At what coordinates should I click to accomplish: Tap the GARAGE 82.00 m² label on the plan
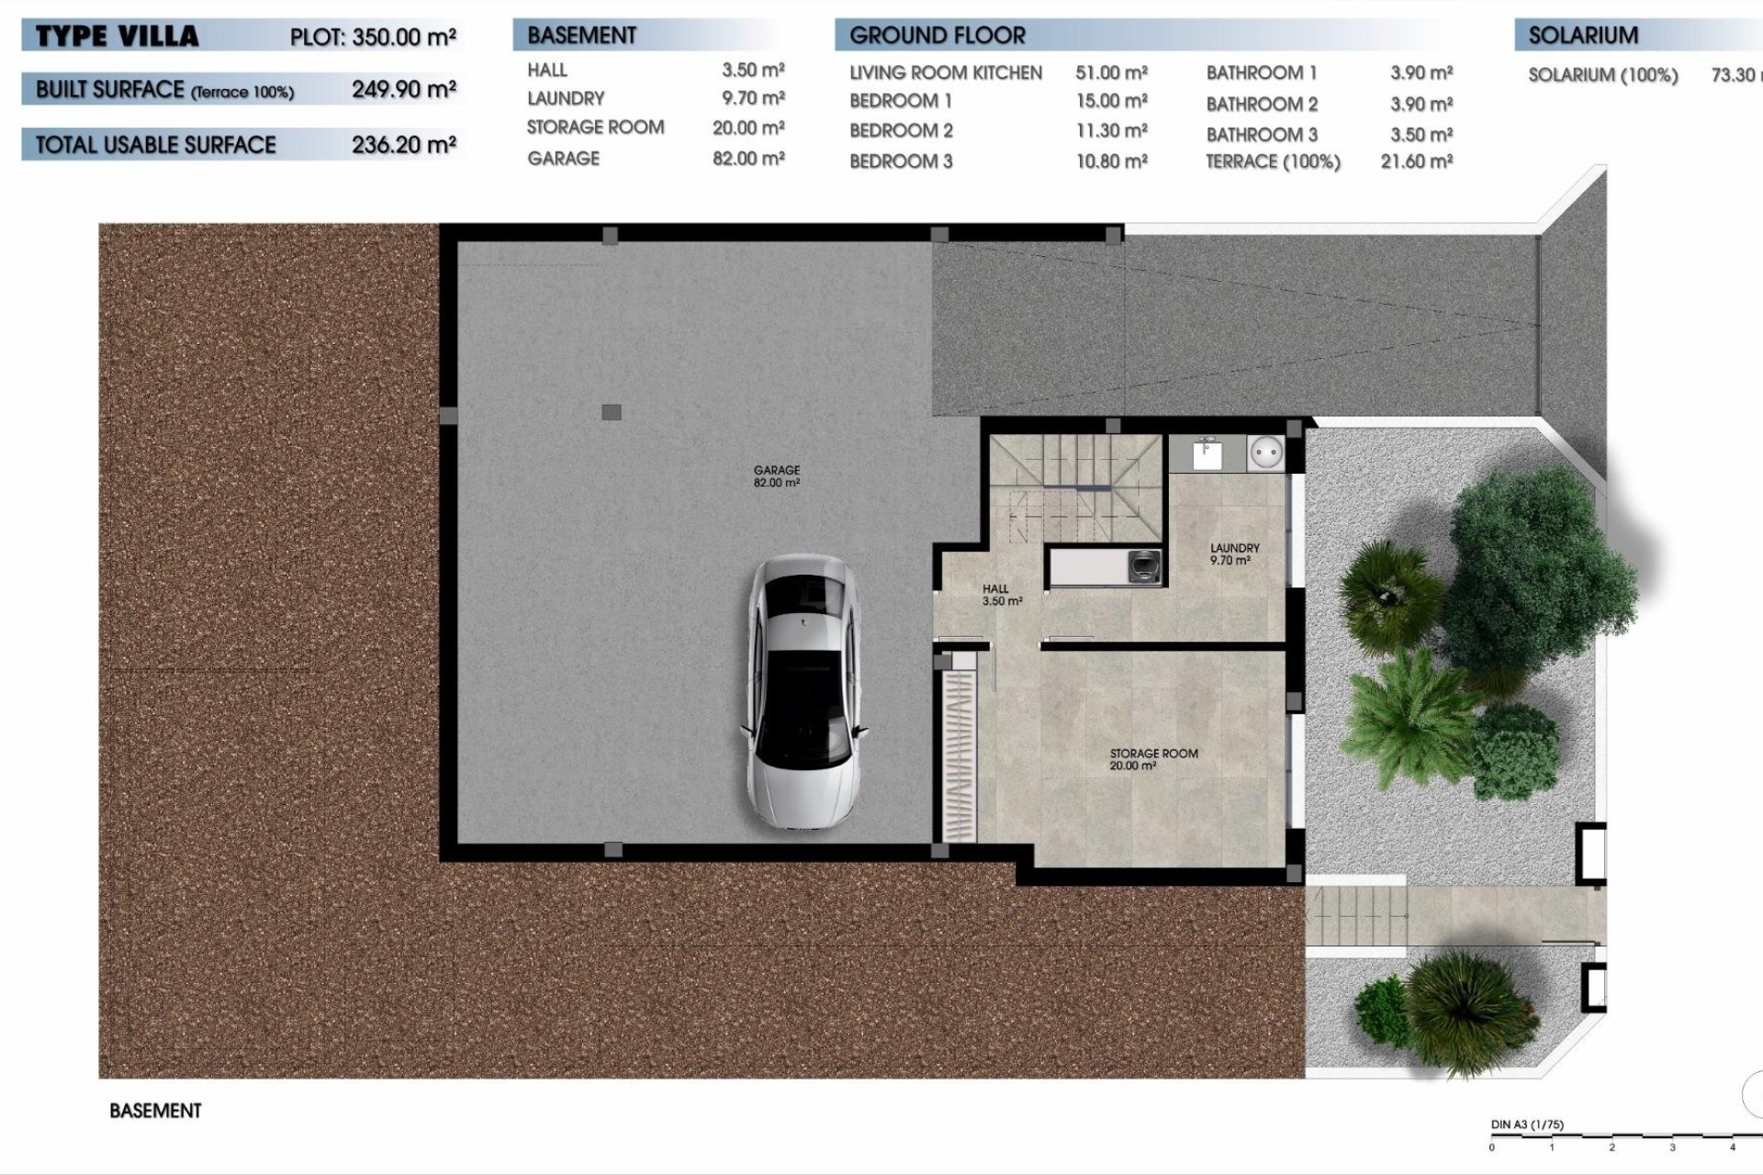pos(777,476)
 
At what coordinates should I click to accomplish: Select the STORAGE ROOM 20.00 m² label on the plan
pos(1153,759)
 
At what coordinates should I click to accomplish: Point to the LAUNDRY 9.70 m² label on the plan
pos(1234,554)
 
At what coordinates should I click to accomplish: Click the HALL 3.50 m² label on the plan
pos(1000,595)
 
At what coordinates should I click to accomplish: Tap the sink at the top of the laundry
pos(1206,453)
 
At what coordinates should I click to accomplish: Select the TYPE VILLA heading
pos(117,37)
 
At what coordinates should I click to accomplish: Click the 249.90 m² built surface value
pos(404,90)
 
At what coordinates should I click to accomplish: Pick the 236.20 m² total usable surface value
pos(404,145)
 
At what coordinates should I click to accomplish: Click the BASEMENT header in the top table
pos(581,36)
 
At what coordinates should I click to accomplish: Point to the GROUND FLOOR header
pos(937,36)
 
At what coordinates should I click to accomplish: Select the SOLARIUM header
pos(1583,36)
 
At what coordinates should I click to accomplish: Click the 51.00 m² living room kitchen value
pos(1111,73)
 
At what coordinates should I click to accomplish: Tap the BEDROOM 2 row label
pos(901,130)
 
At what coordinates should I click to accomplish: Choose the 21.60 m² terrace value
pos(1416,162)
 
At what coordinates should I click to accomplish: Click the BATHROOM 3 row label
pos(1262,134)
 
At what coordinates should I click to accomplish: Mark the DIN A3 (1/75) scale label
pos(1526,1125)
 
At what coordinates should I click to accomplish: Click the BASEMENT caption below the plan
pos(155,1111)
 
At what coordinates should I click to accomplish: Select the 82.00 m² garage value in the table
pos(748,159)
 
